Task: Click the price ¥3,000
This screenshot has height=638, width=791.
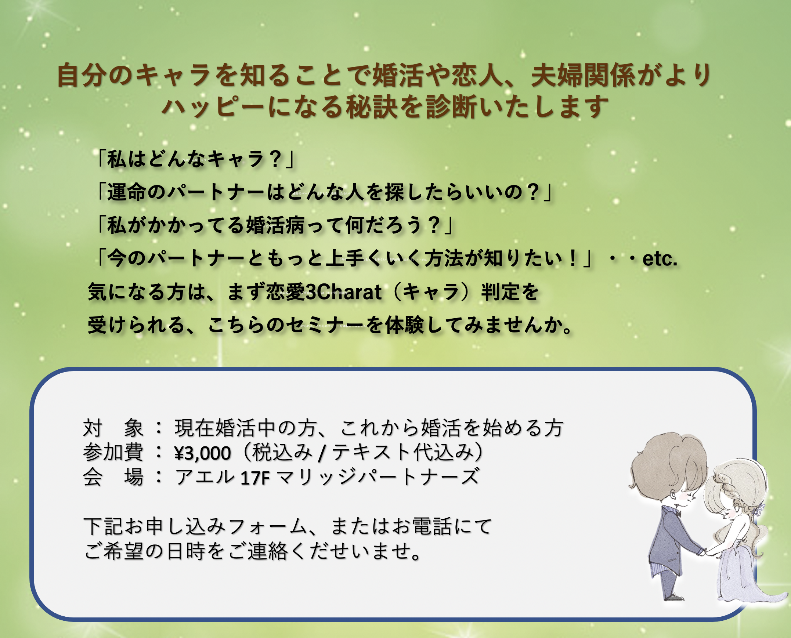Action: (203, 453)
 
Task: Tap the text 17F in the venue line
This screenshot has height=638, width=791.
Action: (255, 478)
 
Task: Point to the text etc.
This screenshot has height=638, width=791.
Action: (660, 259)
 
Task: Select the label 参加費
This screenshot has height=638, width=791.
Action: (113, 452)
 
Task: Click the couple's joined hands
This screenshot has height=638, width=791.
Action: (706, 552)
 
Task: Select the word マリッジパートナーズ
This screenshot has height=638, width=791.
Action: (378, 477)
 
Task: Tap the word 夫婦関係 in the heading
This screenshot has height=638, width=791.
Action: (583, 75)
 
